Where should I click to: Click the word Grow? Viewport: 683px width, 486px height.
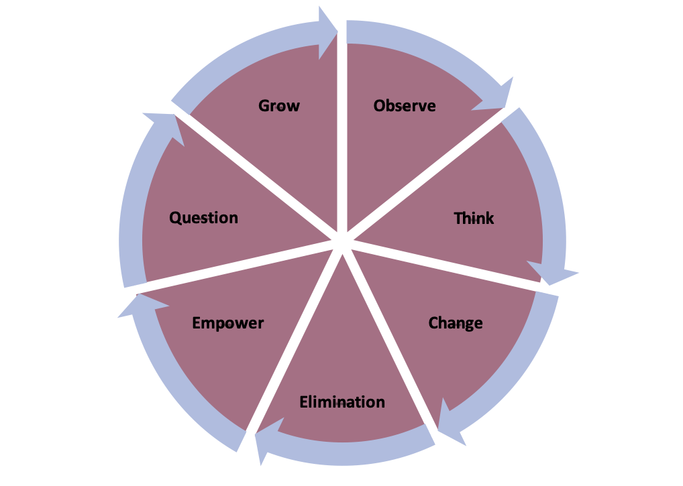coord(279,106)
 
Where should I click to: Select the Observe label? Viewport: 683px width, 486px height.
coord(405,106)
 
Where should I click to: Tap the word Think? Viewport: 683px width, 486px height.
coord(474,219)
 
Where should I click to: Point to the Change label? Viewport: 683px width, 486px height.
coord(456,323)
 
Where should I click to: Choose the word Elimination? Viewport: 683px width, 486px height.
coord(342,402)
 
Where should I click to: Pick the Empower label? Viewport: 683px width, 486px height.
coord(228,323)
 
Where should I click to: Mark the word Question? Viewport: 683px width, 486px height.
coord(203,218)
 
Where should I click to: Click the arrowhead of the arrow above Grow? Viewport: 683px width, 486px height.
coord(328,27)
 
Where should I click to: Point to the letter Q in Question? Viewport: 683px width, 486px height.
coord(174,218)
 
